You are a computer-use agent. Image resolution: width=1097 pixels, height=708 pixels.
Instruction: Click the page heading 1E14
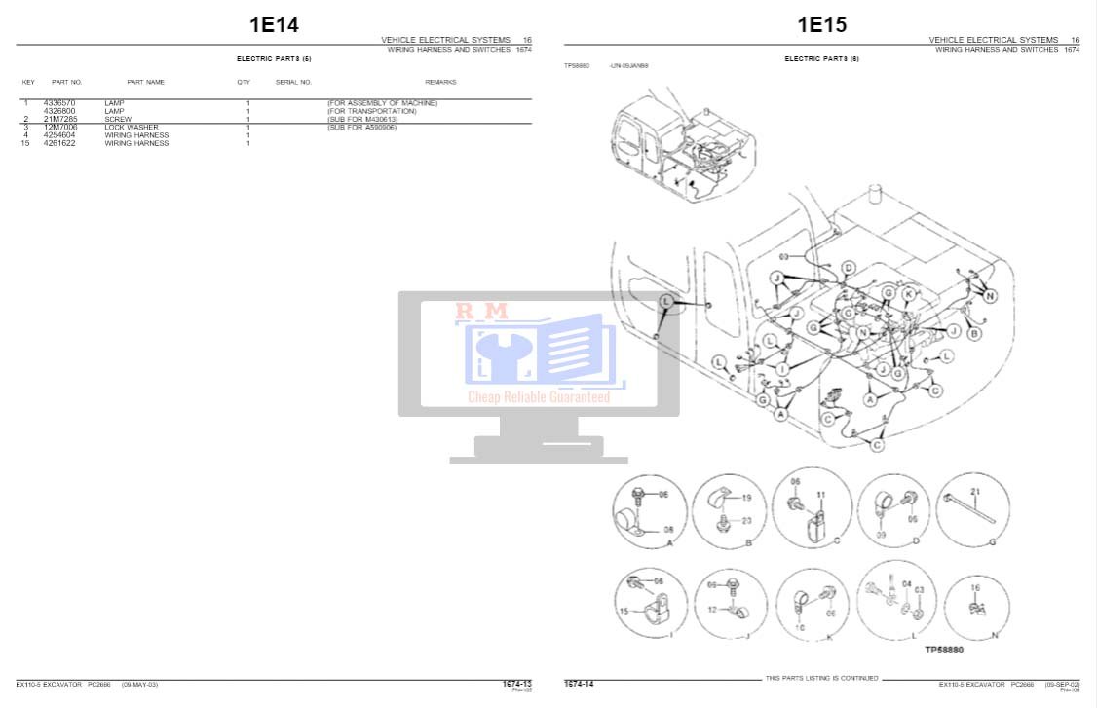(x=274, y=24)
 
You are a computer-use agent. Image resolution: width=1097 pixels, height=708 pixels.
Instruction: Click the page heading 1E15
(x=822, y=24)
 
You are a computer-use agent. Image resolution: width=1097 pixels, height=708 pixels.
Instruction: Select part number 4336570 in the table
(x=59, y=103)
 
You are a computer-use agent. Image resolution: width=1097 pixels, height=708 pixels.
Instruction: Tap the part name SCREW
(x=118, y=119)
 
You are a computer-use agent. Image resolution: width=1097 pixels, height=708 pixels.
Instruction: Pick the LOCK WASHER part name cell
(x=131, y=128)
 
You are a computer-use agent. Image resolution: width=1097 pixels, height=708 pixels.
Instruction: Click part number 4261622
(x=59, y=143)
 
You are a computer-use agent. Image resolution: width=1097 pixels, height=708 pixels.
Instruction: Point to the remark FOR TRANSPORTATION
(x=371, y=111)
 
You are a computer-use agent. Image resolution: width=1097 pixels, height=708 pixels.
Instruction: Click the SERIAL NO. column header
(x=293, y=83)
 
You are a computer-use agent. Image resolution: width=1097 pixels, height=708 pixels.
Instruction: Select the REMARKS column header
(x=440, y=83)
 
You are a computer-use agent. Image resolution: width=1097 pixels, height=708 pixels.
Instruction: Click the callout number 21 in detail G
(x=974, y=491)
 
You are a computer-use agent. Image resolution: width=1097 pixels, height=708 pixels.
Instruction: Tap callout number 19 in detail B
(x=746, y=498)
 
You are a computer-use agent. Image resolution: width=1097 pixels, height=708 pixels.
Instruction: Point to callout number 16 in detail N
(x=975, y=588)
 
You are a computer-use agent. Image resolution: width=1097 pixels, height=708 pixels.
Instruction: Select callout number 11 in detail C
(x=820, y=495)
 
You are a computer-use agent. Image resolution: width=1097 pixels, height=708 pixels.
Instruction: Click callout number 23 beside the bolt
(x=746, y=521)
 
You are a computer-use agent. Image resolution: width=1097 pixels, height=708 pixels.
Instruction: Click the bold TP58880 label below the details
(x=943, y=650)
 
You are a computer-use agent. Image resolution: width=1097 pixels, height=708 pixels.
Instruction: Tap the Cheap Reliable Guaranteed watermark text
(x=539, y=396)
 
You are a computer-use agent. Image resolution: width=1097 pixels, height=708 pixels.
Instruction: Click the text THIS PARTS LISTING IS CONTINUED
(x=821, y=678)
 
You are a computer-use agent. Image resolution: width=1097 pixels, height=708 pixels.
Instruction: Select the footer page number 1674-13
(x=516, y=684)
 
